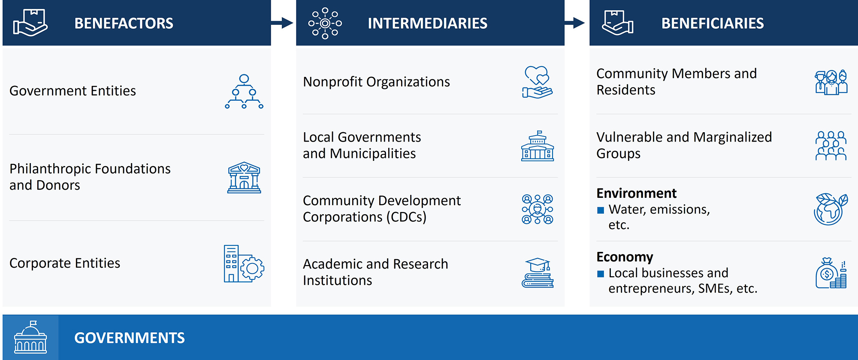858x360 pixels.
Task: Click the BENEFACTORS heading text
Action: click(x=124, y=23)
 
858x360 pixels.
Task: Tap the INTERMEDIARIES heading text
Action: click(x=427, y=23)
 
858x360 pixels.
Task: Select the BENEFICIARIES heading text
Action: click(x=712, y=23)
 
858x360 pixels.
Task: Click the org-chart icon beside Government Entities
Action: click(x=244, y=91)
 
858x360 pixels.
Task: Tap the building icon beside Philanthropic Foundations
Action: click(x=244, y=178)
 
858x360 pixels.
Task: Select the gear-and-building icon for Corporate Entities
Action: click(x=244, y=263)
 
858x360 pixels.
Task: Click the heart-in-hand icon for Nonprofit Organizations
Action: click(x=537, y=82)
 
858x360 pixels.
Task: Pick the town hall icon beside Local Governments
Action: click(x=538, y=146)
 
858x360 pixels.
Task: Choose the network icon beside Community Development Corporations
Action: click(x=538, y=209)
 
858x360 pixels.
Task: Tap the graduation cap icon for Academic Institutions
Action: click(x=538, y=273)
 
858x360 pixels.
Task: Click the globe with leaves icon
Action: click(x=831, y=209)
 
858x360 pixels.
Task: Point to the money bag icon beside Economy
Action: click(x=831, y=273)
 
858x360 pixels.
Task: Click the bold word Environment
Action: click(x=636, y=194)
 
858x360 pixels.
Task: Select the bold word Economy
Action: click(x=625, y=257)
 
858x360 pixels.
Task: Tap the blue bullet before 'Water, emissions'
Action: click(x=601, y=210)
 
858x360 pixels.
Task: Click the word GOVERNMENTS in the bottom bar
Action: click(x=129, y=338)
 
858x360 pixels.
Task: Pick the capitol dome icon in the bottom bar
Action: click(x=30, y=338)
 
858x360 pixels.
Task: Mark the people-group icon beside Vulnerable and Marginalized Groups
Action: click(x=831, y=146)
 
